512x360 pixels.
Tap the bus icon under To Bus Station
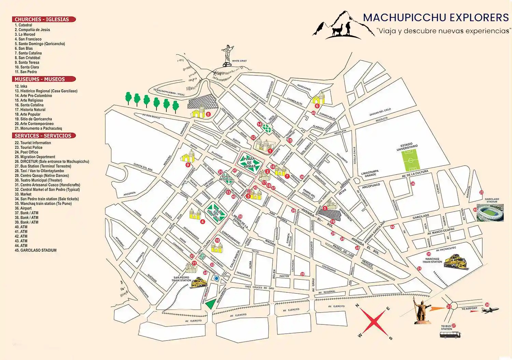pyautogui.click(x=450, y=335)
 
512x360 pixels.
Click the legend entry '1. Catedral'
pyautogui.click(x=24, y=25)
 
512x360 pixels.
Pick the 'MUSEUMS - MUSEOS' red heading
pyautogui.click(x=44, y=79)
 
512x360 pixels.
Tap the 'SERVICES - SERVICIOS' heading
pyautogui.click(x=44, y=136)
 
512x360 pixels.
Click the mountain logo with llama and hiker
pyautogui.click(x=343, y=26)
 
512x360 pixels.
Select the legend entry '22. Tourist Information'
pyautogui.click(x=33, y=143)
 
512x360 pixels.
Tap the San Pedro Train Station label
pyautogui.click(x=181, y=279)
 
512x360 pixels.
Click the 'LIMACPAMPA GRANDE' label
pyautogui.click(x=370, y=174)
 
